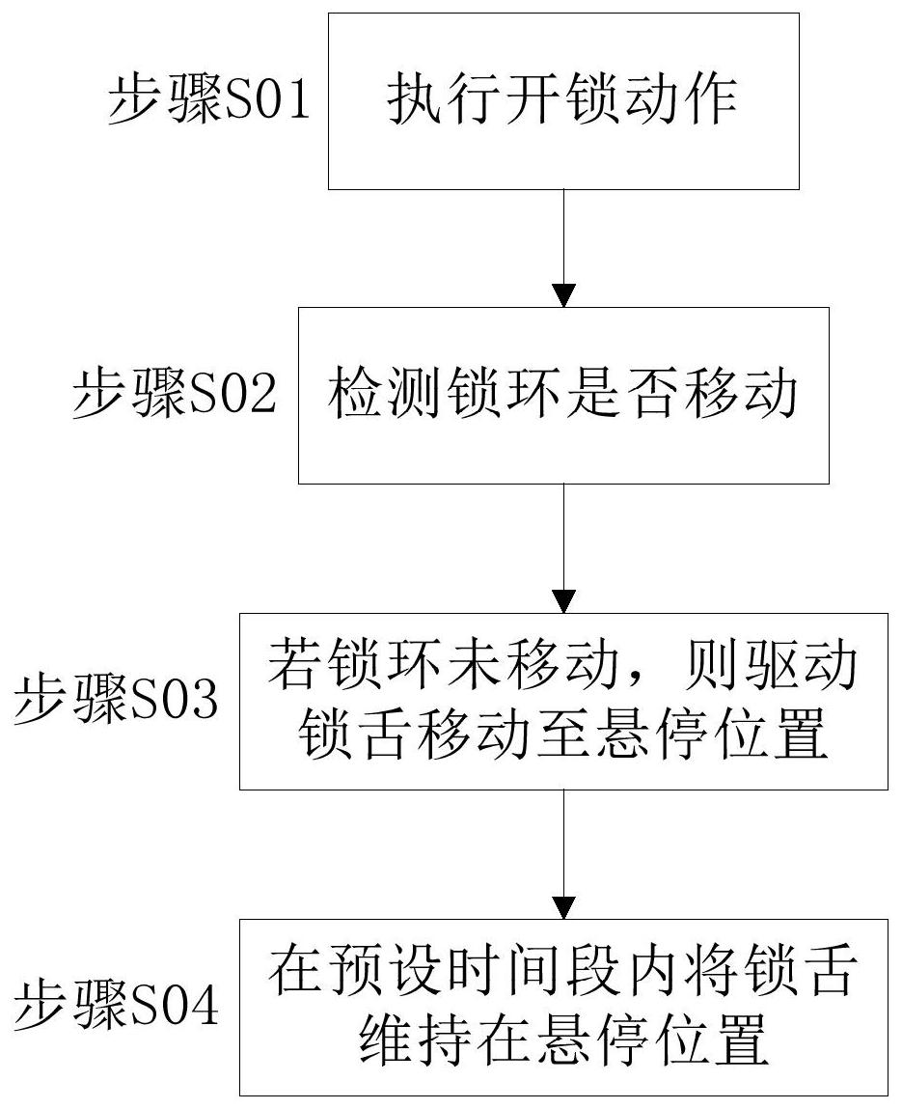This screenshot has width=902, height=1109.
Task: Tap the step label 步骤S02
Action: [174, 392]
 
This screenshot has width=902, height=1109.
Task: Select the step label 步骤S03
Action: [116, 698]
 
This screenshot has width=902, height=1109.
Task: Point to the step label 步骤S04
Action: [116, 1005]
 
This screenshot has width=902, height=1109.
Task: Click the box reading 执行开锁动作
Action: [563, 101]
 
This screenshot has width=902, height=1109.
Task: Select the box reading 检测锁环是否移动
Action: [563, 396]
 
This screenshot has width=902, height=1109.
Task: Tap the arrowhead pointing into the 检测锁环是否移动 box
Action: [563, 295]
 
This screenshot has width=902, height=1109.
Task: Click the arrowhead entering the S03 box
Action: [563, 601]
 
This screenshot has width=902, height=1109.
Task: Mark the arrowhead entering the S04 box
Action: [563, 907]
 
